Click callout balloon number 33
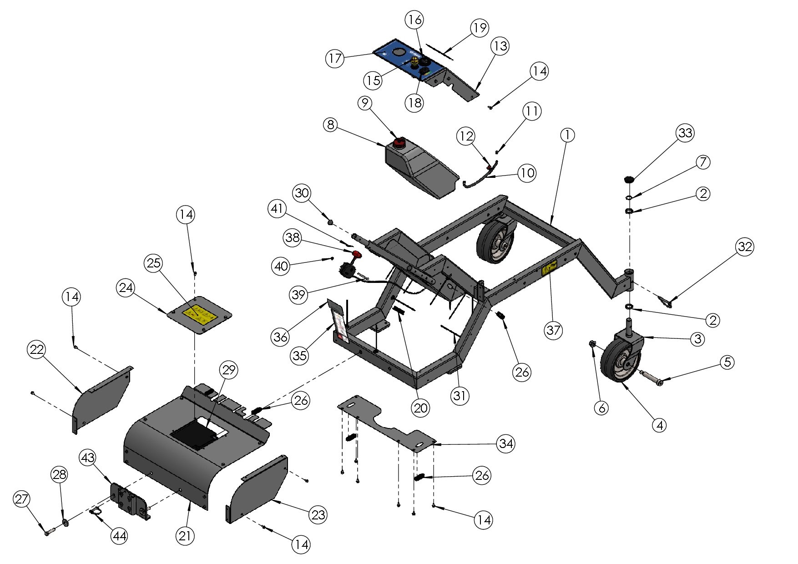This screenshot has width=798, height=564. pyautogui.click(x=685, y=133)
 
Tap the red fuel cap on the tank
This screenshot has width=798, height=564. pyautogui.click(x=399, y=143)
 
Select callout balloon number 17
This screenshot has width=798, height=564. pyautogui.click(x=335, y=59)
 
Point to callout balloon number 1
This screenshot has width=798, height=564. pyautogui.click(x=567, y=135)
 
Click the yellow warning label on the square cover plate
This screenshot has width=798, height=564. pyautogui.click(x=199, y=314)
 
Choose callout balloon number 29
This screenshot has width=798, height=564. pyautogui.click(x=228, y=370)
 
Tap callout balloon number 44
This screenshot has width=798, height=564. pyautogui.click(x=119, y=536)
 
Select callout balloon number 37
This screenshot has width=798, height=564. pyautogui.click(x=553, y=330)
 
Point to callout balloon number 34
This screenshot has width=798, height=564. pyautogui.click(x=506, y=443)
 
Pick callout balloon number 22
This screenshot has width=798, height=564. pyautogui.click(x=37, y=350)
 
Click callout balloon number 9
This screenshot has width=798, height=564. pyautogui.click(x=365, y=103)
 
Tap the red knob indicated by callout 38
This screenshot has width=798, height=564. pyautogui.click(x=356, y=254)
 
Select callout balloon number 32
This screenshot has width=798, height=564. pyautogui.click(x=745, y=247)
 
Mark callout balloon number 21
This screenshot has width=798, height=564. pyautogui.click(x=185, y=536)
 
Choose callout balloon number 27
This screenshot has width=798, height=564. pyautogui.click(x=21, y=499)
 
